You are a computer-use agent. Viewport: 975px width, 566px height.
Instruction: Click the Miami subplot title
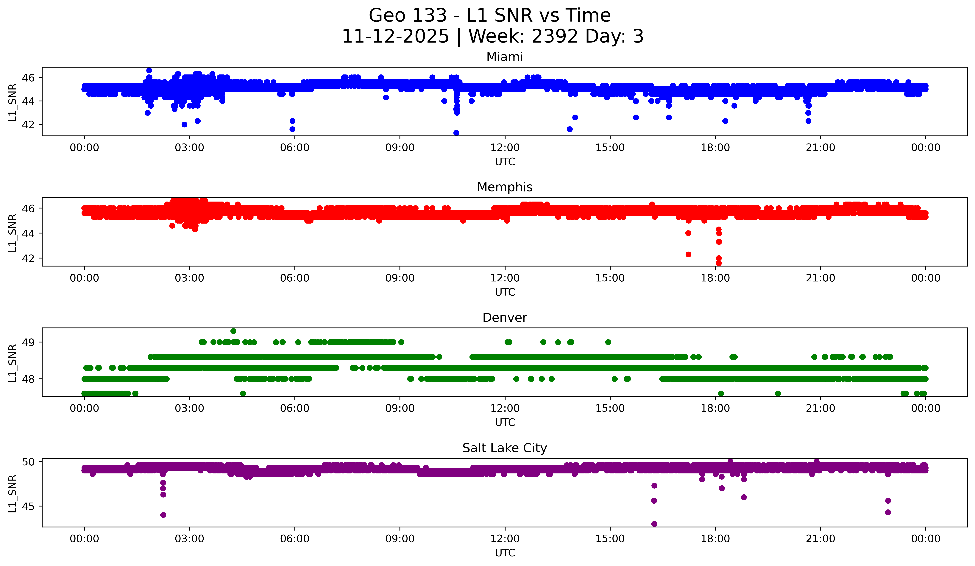coord(505,57)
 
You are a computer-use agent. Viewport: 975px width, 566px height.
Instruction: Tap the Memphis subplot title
coord(505,187)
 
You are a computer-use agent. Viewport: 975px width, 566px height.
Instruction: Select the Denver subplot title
coord(505,318)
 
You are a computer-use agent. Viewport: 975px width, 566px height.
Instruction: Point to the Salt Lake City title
coord(505,448)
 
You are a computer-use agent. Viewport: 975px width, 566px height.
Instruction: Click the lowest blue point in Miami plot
coord(456,133)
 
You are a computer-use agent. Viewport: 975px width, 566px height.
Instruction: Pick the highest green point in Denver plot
coord(233,331)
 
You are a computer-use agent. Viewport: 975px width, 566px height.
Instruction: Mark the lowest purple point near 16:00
coord(654,524)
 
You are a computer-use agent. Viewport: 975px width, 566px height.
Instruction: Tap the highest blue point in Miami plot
coord(149,70)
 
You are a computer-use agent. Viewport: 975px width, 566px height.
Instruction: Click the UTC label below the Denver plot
coord(505,422)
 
